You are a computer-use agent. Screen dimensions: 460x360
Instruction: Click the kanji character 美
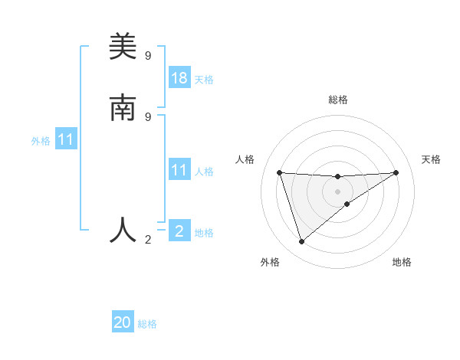click(123, 47)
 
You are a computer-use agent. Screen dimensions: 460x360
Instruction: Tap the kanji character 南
click(123, 109)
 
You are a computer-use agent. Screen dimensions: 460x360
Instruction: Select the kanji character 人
click(123, 230)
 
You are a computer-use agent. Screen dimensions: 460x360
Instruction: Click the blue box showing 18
click(179, 78)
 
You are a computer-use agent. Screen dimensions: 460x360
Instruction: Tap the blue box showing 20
click(123, 322)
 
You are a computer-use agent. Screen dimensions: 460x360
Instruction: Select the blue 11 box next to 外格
click(66, 140)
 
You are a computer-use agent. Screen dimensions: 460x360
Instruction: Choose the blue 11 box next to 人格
click(179, 170)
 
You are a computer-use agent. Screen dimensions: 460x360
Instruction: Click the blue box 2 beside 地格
click(179, 231)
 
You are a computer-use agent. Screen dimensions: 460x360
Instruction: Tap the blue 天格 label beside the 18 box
click(204, 80)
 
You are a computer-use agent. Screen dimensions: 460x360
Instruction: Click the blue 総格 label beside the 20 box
click(147, 324)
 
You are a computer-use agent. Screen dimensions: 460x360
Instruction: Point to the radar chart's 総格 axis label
click(337, 100)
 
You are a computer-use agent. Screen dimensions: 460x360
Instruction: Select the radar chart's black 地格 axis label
click(402, 262)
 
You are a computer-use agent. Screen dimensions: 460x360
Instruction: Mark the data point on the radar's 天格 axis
click(396, 172)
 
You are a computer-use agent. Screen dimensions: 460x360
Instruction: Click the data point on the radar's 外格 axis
click(301, 242)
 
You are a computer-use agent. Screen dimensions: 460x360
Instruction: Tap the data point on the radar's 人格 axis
click(279, 172)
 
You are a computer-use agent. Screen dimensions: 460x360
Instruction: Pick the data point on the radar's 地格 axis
click(347, 204)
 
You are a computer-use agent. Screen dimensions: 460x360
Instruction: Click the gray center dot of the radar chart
click(337, 191)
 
